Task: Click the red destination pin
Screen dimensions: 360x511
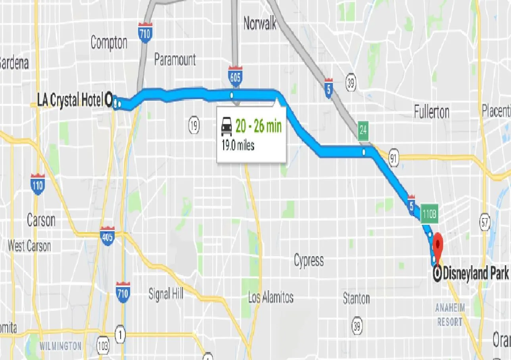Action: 438,243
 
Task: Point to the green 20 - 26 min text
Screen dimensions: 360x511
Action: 258,127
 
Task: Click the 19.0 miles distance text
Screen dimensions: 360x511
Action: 238,146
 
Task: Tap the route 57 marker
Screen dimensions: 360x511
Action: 484,222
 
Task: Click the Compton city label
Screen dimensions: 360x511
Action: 109,43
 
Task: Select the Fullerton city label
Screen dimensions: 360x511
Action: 431,112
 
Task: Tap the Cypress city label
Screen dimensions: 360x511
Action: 309,260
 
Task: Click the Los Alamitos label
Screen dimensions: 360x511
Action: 271,297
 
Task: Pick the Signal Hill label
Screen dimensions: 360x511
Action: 166,294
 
